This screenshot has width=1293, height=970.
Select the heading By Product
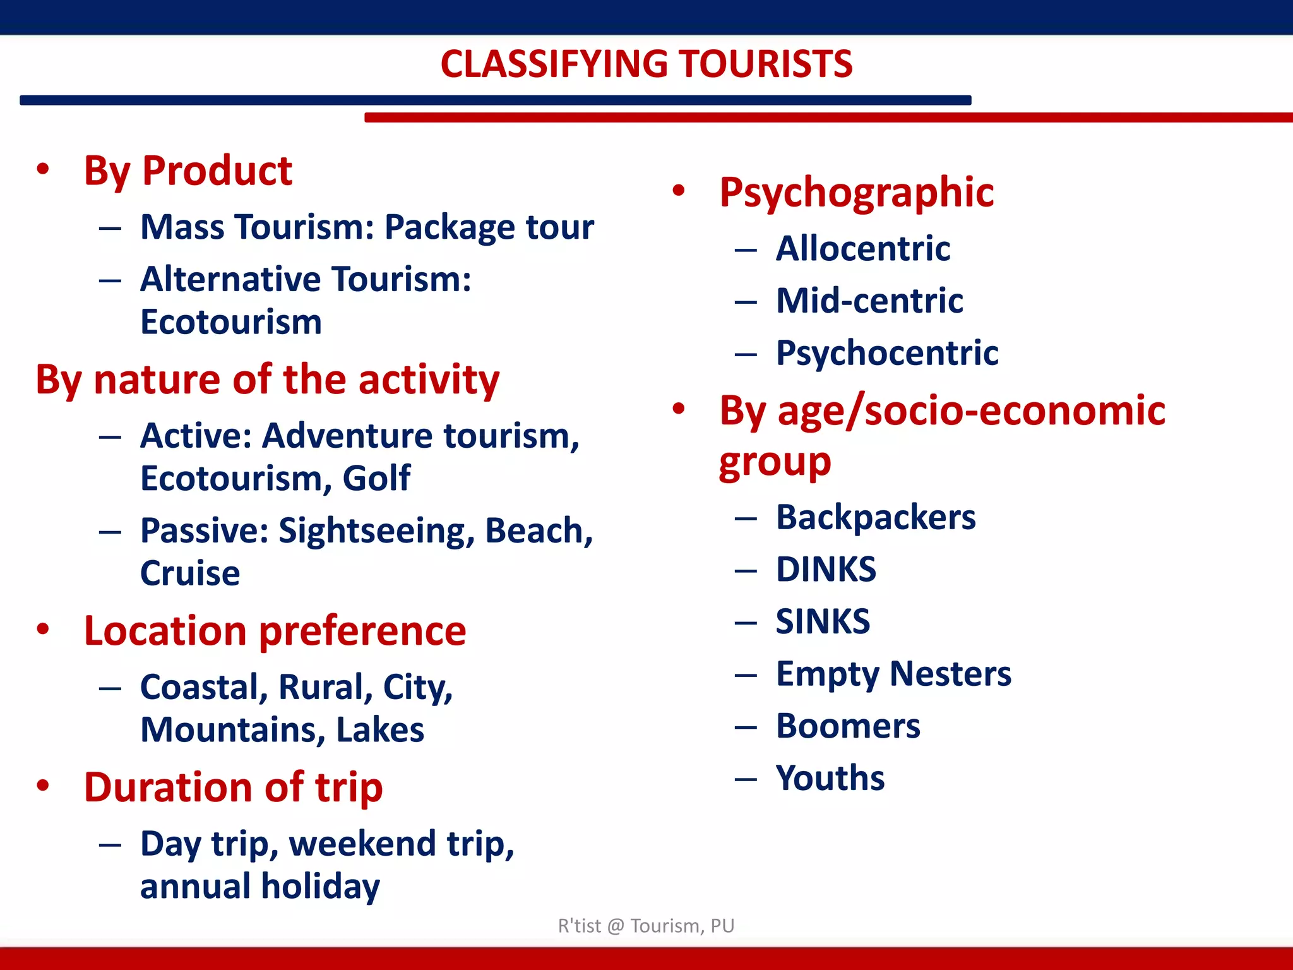click(188, 171)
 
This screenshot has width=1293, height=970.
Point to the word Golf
click(376, 478)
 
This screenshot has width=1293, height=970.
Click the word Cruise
click(190, 573)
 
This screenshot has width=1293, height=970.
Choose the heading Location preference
click(275, 631)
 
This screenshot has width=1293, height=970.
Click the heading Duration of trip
click(233, 787)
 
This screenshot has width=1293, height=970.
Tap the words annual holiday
click(260, 886)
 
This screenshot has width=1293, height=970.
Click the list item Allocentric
click(863, 248)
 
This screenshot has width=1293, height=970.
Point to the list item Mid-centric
click(869, 301)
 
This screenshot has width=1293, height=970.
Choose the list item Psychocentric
click(887, 352)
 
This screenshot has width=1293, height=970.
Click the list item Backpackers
click(876, 517)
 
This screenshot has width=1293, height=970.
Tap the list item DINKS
click(826, 570)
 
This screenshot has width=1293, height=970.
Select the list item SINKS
click(823, 621)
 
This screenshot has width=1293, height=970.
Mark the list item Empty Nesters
click(893, 674)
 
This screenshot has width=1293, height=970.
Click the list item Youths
click(830, 778)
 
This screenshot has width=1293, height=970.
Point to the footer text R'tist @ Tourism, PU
click(646, 926)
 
